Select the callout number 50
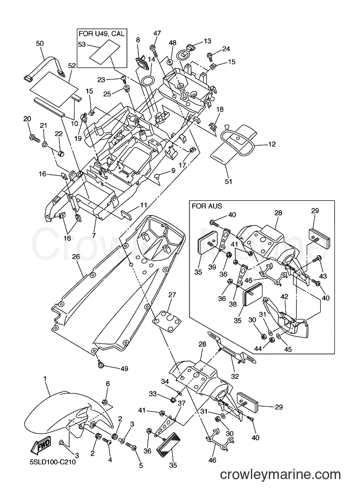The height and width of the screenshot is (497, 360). pyautogui.click(x=40, y=44)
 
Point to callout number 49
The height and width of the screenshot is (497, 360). pyautogui.click(x=124, y=369)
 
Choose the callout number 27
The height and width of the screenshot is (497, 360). pyautogui.click(x=172, y=295)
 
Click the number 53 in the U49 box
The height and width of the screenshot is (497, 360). pyautogui.click(x=82, y=45)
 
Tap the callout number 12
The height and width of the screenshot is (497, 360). pyautogui.click(x=272, y=144)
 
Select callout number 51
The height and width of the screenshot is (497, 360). pyautogui.click(x=228, y=181)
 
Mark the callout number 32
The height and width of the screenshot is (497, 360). pyautogui.click(x=235, y=377)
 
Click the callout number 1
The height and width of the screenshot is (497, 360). pyautogui.click(x=45, y=378)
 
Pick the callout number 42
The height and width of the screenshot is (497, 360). pyautogui.click(x=284, y=297)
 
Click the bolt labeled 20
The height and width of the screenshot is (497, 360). pyautogui.click(x=34, y=138)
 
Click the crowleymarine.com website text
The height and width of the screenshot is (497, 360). pyautogui.click(x=280, y=475)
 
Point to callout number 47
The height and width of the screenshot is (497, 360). pyautogui.click(x=157, y=33)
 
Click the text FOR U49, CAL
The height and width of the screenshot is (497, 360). pyautogui.click(x=101, y=33)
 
